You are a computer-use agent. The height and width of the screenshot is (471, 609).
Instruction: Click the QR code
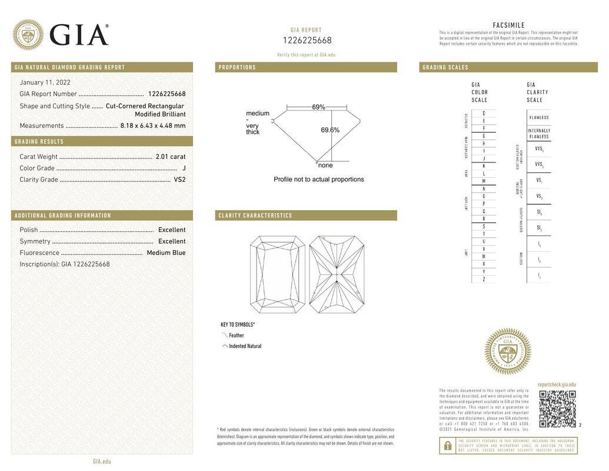[x=557, y=409]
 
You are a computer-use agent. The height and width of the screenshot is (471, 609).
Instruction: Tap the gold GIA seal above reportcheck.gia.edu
[x=507, y=351]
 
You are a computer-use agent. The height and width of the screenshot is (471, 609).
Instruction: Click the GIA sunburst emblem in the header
[x=28, y=35]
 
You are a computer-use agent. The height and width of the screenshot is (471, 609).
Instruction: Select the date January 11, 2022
[x=45, y=82]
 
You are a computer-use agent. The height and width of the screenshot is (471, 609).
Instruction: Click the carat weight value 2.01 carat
[x=170, y=157]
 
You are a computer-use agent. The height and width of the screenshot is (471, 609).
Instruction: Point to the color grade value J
[x=184, y=168]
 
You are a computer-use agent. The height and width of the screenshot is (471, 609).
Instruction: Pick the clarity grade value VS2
[x=179, y=180]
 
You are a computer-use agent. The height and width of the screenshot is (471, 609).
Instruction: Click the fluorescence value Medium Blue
[x=166, y=253]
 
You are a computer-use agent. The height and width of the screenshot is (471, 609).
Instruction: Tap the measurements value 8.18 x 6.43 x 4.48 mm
[x=152, y=125]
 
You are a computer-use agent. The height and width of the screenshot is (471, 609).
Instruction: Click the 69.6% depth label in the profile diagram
[x=330, y=130]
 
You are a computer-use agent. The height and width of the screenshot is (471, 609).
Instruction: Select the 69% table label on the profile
[x=318, y=107]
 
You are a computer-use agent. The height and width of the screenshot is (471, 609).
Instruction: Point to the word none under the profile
[x=325, y=165]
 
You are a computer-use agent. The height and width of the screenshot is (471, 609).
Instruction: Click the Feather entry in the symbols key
[x=236, y=336]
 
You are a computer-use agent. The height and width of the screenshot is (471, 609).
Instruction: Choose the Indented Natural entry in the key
[x=245, y=346]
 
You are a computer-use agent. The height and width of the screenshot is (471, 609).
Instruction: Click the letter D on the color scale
[x=484, y=113]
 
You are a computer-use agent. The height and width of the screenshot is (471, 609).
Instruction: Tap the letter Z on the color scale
[x=484, y=279]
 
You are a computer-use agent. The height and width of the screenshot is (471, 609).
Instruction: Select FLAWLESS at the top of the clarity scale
[x=538, y=117]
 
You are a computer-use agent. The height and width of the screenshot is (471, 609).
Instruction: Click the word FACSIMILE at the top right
[x=508, y=25]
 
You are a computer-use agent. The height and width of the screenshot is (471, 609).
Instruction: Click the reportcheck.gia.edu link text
[x=557, y=384]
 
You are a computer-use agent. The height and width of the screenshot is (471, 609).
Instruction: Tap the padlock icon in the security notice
[x=447, y=446]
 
